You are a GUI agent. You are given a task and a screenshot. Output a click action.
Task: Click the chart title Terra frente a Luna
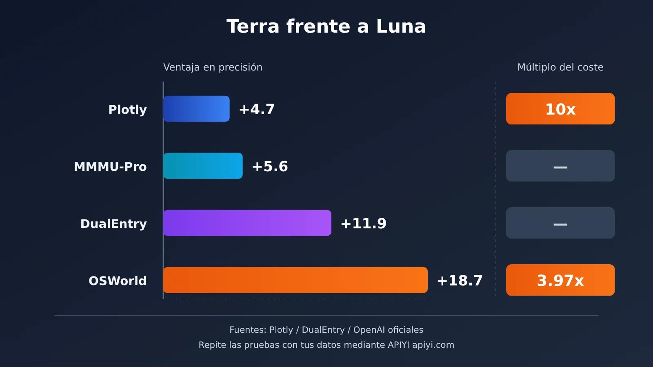tap(326, 26)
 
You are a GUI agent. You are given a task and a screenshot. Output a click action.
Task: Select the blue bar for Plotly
tap(196, 108)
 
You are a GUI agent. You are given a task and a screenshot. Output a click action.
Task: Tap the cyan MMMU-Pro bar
tap(203, 166)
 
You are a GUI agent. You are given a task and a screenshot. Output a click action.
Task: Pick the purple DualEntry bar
tap(247, 223)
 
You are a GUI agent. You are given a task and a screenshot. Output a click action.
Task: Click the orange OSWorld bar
tap(295, 280)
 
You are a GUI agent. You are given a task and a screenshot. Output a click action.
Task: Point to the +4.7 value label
tap(257, 109)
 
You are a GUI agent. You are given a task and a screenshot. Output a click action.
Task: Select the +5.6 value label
tap(270, 166)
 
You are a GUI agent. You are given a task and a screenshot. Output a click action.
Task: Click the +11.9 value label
tap(363, 223)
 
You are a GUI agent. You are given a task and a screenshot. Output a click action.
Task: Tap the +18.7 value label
tap(460, 281)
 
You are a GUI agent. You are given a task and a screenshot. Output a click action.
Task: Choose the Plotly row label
tap(127, 110)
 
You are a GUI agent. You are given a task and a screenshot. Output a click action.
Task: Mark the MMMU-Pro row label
tap(110, 167)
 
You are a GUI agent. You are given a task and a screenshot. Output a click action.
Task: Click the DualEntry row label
tap(113, 224)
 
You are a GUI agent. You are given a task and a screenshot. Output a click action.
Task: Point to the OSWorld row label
tap(118, 281)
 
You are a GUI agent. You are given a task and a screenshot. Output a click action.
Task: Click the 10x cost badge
tap(560, 108)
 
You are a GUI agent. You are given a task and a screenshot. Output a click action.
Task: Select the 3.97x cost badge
tap(560, 280)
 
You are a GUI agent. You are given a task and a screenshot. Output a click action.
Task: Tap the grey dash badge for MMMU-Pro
tap(560, 166)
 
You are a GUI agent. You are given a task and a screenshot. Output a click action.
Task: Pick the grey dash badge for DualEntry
tap(560, 223)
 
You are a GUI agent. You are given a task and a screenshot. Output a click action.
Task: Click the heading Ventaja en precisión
tap(213, 67)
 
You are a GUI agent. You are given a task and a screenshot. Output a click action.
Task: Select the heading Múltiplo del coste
tap(560, 67)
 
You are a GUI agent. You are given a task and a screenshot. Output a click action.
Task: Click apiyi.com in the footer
tap(433, 345)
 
